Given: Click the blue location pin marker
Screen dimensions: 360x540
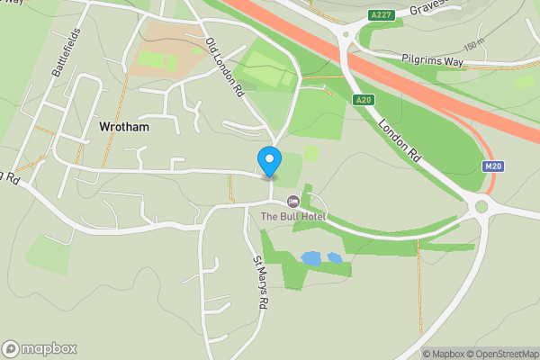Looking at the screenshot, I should click(x=269, y=161).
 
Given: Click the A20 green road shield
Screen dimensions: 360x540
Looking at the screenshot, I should click(x=363, y=100).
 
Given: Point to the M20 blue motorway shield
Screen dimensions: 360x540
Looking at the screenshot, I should click(x=492, y=166).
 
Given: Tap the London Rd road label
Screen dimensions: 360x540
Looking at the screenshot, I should click(x=400, y=142).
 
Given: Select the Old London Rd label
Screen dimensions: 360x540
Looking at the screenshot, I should click(x=225, y=67).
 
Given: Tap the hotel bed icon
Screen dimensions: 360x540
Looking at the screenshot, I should click(x=292, y=201).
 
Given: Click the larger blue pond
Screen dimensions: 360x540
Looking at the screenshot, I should click(x=311, y=258).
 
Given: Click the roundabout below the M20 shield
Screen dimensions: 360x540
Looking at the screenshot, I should click(x=481, y=206).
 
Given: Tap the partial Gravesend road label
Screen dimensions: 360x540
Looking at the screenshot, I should click(x=428, y=8).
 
